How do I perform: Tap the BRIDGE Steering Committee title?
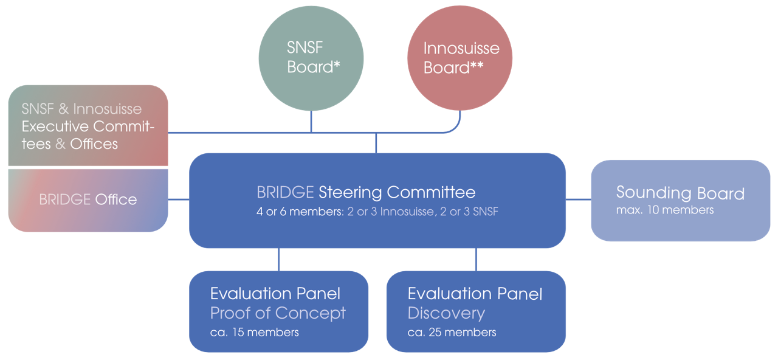(366, 193)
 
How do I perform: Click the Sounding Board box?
(680, 200)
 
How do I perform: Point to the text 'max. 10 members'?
(665, 210)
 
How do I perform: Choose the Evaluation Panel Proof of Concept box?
(278, 311)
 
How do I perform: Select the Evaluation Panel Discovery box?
(476, 311)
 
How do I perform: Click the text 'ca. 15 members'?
(254, 333)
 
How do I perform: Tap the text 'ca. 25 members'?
(452, 333)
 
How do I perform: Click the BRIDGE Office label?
(88, 199)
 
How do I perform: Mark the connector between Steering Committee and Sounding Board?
(578, 199)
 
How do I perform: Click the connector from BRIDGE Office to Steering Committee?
(178, 199)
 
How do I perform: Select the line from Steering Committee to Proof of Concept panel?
(279, 259)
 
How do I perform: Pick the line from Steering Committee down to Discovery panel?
(476, 259)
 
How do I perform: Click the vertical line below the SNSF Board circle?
(311, 122)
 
